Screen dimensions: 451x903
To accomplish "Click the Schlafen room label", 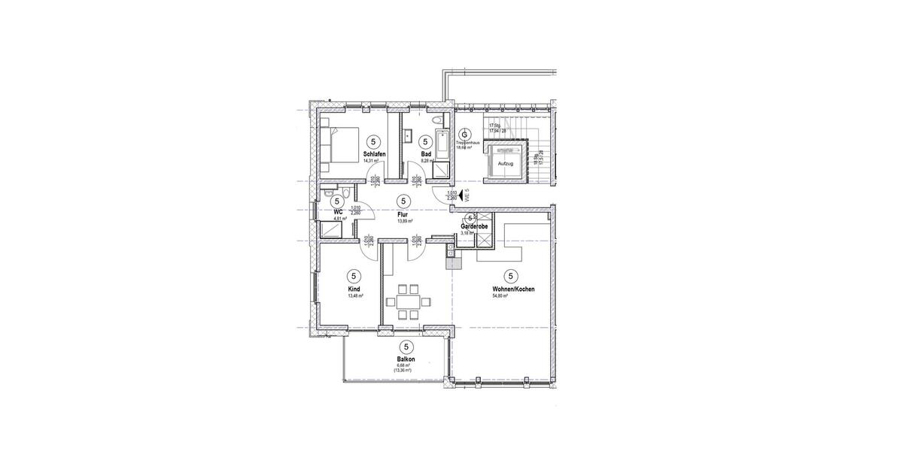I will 374,154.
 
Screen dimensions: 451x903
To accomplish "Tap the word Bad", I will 426,154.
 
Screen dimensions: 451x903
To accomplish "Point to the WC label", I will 338,213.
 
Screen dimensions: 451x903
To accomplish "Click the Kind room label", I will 354,289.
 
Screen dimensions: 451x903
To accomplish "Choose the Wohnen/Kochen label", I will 512,289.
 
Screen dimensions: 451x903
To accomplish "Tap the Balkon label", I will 407,359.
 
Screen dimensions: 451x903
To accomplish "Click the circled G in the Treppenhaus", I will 464,134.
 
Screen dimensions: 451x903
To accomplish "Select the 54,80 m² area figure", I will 500,296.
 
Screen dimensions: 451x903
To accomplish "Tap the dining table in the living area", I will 409,302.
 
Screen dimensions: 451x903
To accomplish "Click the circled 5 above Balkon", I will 407,347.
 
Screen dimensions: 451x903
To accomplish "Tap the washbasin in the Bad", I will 407,136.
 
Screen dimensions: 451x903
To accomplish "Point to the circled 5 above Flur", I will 404,201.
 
